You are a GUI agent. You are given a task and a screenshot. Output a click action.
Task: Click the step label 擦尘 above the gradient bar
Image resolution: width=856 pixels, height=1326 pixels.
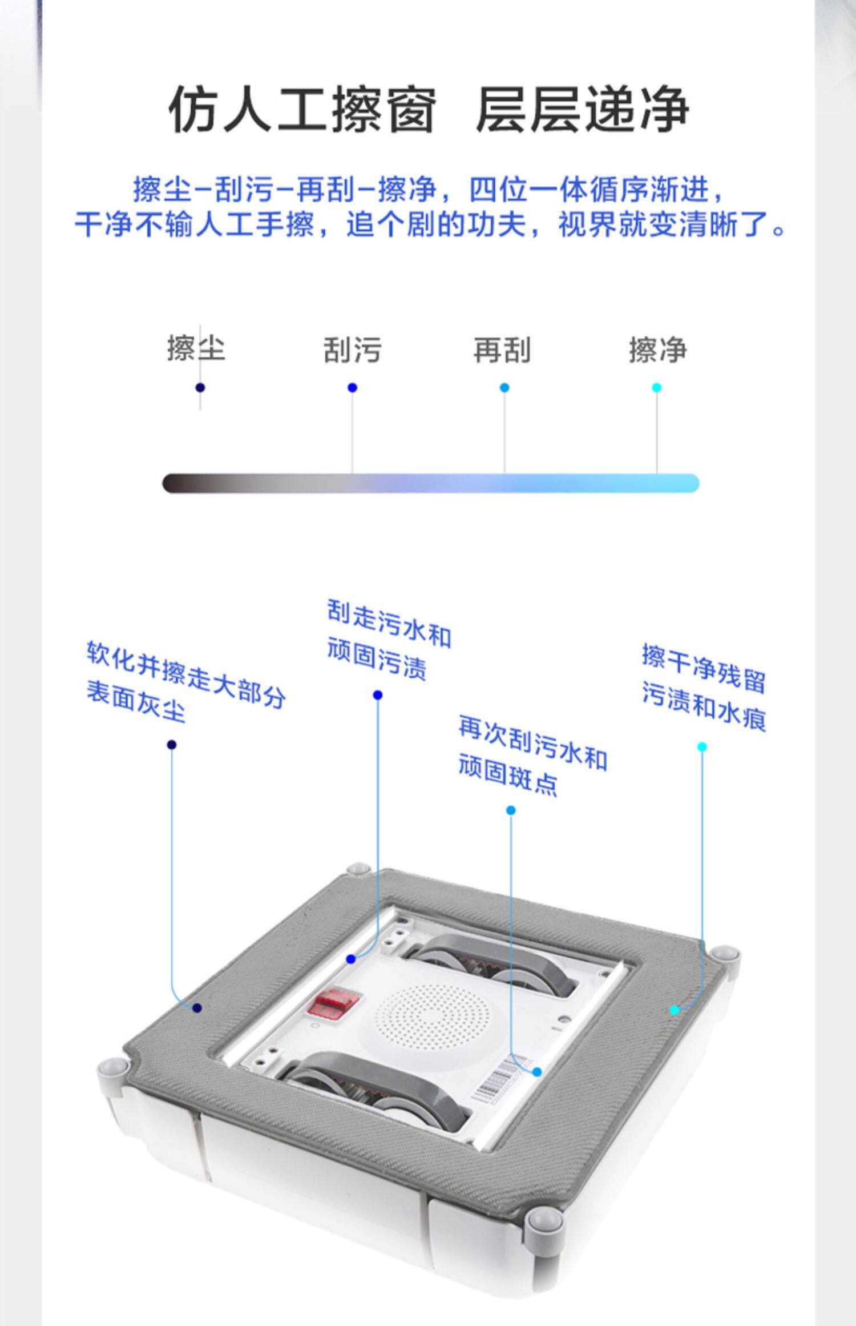196,348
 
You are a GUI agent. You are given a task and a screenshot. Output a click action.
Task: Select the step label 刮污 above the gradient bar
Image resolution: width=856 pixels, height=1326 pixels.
352,349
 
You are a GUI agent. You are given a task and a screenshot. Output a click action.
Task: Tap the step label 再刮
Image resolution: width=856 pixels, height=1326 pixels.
502,349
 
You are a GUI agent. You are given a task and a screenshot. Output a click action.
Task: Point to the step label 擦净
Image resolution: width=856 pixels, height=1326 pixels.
657,349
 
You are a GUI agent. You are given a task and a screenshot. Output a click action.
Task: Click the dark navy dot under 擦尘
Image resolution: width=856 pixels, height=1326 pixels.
200,388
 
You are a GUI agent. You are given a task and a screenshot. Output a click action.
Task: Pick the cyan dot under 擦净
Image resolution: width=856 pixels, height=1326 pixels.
656,388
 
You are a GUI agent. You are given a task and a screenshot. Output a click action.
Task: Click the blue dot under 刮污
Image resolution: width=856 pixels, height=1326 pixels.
352,388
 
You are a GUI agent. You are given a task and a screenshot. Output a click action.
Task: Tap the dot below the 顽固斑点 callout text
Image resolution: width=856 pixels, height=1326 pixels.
511,810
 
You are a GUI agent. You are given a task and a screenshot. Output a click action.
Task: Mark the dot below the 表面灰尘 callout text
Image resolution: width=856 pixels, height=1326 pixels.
172,745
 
